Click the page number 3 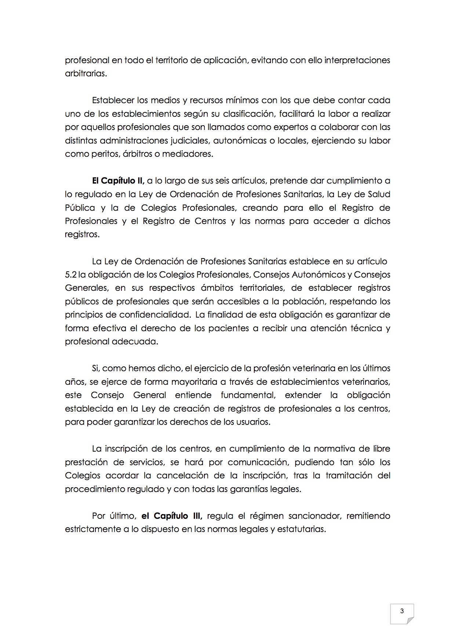pos(402,611)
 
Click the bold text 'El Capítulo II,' pos(118,181)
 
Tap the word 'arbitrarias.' pos(86,73)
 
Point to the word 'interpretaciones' pos(357,60)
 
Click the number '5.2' pos(71,275)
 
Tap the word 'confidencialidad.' pos(153,315)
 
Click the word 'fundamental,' pos(248,395)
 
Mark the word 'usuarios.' pos(253,422)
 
